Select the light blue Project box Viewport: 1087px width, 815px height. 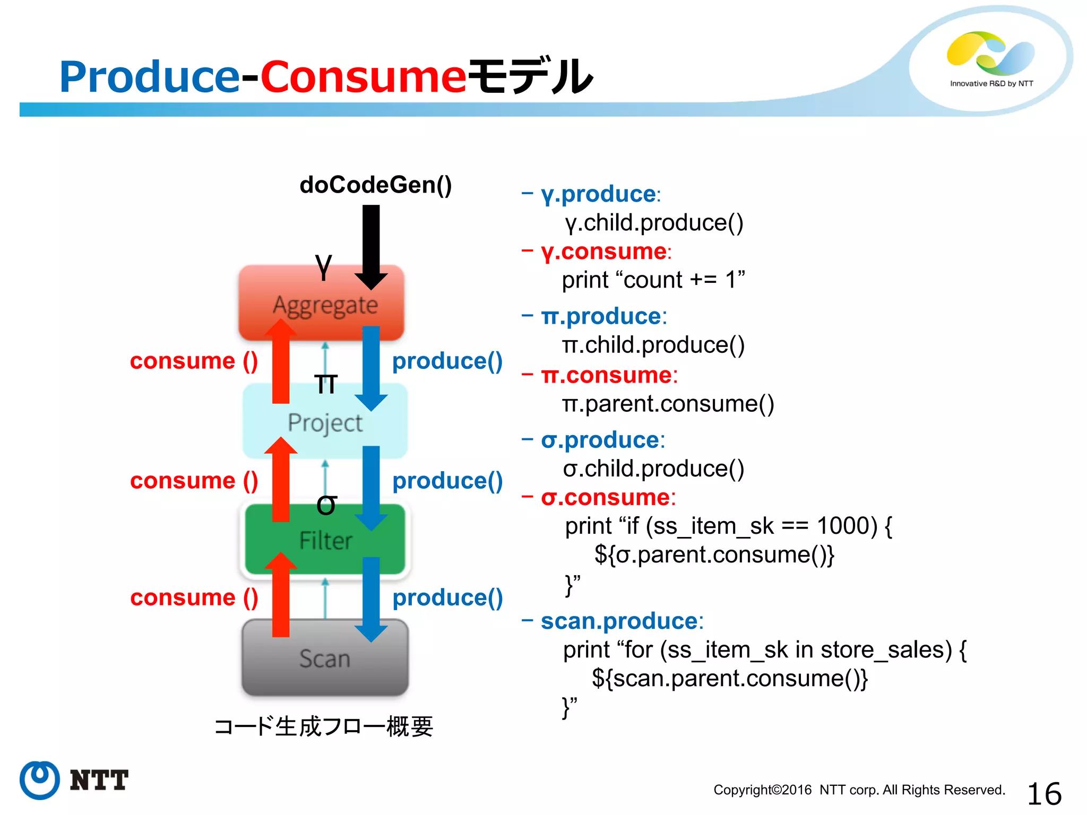pyautogui.click(x=324, y=422)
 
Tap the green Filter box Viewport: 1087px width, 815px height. pyautogui.click(x=325, y=540)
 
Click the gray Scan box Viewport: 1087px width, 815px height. pyautogui.click(x=324, y=658)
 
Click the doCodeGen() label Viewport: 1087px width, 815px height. pyautogui.click(x=375, y=185)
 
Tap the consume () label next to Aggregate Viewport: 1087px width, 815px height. pyautogui.click(x=194, y=361)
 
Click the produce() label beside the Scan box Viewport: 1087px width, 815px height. pyautogui.click(x=447, y=598)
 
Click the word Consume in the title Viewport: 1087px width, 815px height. pyautogui.click(x=363, y=77)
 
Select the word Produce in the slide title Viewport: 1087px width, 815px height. pyautogui.click(x=150, y=77)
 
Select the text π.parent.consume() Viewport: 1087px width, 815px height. pyautogui.click(x=668, y=404)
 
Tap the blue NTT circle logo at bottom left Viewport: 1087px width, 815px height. pyautogui.click(x=40, y=780)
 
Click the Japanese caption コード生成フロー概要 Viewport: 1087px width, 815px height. pyautogui.click(x=323, y=726)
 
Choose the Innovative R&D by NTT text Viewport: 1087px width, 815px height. pyautogui.click(x=991, y=84)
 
